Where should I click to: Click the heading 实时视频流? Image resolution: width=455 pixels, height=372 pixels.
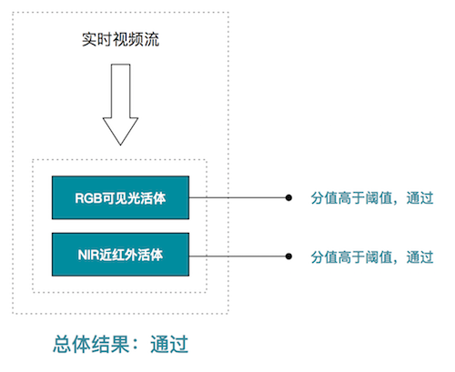[x=120, y=39]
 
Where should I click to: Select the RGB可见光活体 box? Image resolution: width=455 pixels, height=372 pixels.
[x=120, y=197]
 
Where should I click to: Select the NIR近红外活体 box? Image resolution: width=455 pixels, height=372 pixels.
[x=120, y=255]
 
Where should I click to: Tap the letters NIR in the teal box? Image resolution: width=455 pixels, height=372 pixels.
[x=88, y=255]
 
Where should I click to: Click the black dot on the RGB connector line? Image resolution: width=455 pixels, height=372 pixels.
[x=288, y=197]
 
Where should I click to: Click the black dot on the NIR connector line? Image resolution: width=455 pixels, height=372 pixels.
[x=288, y=256]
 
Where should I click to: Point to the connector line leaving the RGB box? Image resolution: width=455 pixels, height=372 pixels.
[x=238, y=197]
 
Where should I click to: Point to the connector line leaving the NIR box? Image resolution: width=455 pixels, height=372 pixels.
[x=238, y=256]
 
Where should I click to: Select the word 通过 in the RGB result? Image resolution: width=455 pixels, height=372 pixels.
[x=420, y=198]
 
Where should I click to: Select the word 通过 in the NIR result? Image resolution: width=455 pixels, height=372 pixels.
[x=420, y=257]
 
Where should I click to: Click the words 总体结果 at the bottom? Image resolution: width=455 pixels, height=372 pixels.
[x=91, y=344]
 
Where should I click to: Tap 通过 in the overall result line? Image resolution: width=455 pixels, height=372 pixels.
[x=169, y=344]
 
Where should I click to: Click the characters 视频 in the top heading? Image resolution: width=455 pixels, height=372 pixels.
[x=128, y=39]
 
